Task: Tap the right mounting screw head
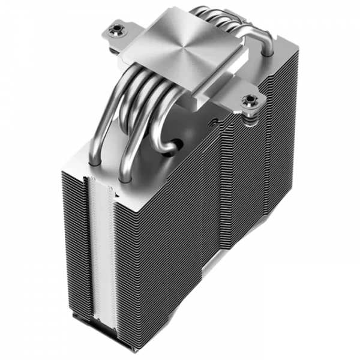tap(246, 99)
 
